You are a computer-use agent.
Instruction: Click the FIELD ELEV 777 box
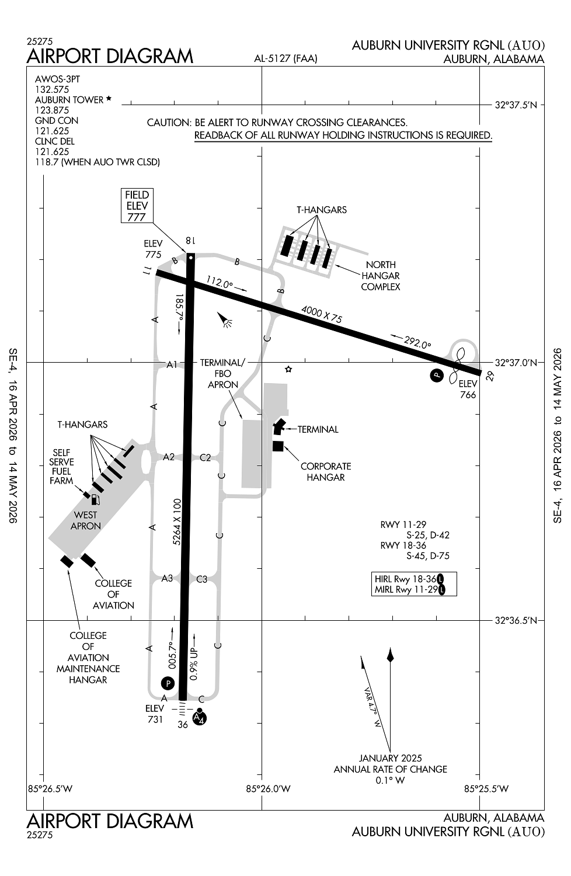click(x=137, y=206)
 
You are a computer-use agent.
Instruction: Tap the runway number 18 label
click(x=190, y=241)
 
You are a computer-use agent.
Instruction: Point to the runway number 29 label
click(x=490, y=376)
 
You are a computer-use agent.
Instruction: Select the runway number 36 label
click(x=183, y=724)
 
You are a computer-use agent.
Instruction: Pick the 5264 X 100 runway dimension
click(x=177, y=522)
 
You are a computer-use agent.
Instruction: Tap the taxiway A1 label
click(x=172, y=364)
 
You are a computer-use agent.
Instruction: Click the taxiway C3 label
click(x=201, y=579)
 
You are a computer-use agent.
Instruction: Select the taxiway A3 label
click(x=167, y=578)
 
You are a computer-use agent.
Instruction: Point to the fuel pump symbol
click(x=95, y=499)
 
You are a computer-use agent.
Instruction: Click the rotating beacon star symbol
click(x=288, y=369)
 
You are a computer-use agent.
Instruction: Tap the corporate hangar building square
click(x=278, y=446)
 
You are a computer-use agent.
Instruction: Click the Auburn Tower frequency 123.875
click(x=52, y=110)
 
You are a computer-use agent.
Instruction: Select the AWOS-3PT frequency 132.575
click(x=52, y=89)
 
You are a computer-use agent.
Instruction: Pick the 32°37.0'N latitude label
click(x=516, y=362)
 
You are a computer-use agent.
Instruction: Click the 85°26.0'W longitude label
click(x=268, y=788)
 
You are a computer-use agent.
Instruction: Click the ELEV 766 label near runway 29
click(x=468, y=389)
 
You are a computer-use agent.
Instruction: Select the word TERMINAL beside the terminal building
click(x=318, y=429)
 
